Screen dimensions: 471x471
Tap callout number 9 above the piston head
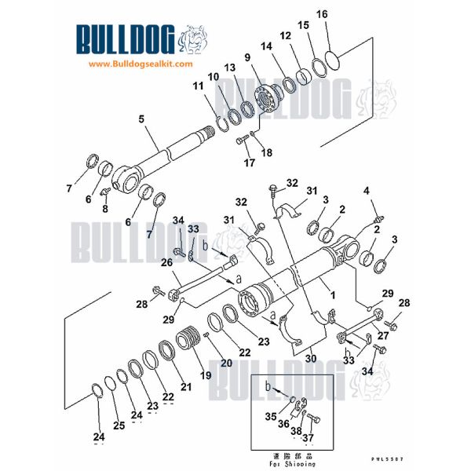247,57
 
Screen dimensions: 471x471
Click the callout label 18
267,152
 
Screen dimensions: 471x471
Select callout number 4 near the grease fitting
365,191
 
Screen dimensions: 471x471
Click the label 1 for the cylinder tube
332,296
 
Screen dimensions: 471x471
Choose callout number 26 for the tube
166,262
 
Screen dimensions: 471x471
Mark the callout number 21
186,385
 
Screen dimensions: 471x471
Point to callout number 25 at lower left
119,425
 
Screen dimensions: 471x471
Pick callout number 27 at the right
384,334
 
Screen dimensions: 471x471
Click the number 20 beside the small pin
226,363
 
